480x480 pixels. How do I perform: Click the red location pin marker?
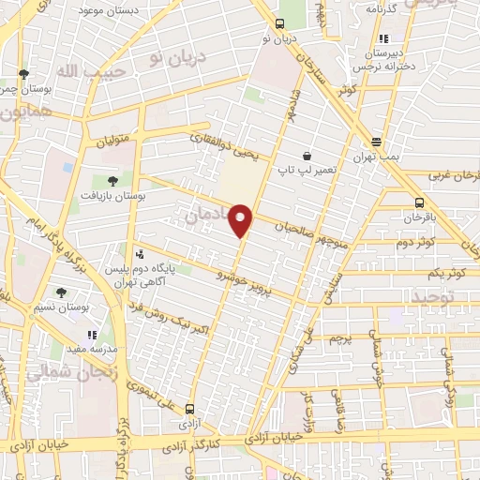[242, 219]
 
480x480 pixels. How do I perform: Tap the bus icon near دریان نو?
[278, 25]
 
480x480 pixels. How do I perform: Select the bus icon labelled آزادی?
[191, 409]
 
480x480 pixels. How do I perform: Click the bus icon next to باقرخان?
[418, 202]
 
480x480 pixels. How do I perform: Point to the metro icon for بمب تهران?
[376, 142]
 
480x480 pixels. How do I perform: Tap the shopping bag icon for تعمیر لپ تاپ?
[307, 156]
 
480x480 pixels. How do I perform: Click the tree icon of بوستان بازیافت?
[113, 180]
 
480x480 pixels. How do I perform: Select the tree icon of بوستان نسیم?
[60, 292]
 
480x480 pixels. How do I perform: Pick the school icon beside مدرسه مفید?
[91, 335]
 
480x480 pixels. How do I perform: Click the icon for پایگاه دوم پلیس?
[140, 253]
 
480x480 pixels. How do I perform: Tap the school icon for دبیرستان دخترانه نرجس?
[382, 39]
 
